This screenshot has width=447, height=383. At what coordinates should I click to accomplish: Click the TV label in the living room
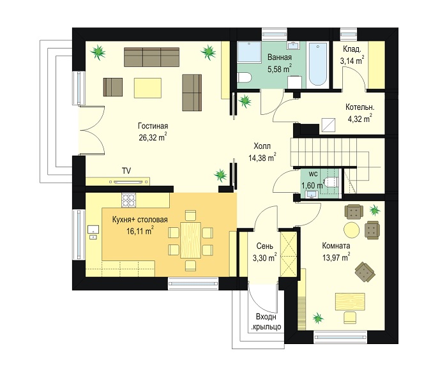click(126, 170)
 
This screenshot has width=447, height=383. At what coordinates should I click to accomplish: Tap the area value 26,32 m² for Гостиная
click(153, 137)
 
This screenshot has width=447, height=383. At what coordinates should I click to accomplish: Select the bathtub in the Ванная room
click(318, 64)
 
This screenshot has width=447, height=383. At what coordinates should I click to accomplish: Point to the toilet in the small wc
click(332, 181)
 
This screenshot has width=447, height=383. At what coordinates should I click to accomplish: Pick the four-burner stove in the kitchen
click(129, 200)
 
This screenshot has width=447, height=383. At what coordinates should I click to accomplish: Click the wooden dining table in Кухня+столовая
click(190, 240)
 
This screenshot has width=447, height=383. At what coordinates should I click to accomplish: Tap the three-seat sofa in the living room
click(152, 57)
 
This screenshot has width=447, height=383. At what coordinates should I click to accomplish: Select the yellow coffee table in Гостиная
click(148, 88)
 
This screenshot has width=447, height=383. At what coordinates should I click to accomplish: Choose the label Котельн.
click(360, 107)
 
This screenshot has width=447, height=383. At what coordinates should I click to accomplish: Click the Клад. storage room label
click(352, 49)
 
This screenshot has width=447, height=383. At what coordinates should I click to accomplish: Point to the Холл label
click(262, 146)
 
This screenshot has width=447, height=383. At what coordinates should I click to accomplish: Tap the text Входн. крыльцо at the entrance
click(266, 322)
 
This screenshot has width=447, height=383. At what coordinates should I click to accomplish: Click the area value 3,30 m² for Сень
click(265, 258)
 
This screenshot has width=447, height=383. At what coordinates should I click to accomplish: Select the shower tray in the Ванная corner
click(249, 52)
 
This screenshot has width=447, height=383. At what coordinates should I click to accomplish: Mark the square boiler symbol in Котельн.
click(329, 125)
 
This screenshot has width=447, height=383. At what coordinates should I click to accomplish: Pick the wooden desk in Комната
click(350, 301)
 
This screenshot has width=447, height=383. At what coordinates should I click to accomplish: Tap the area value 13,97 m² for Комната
click(337, 258)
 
